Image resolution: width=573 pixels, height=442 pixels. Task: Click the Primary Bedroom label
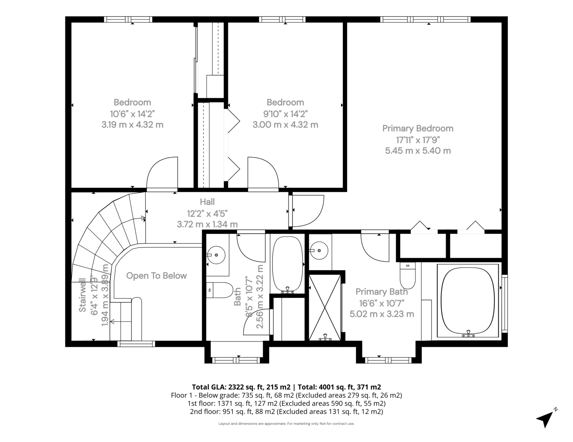pos(418,128)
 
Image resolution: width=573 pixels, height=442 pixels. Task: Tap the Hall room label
pos(207,202)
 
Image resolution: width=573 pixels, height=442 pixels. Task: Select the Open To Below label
pos(157,276)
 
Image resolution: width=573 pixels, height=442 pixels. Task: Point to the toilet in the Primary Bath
pos(408,275)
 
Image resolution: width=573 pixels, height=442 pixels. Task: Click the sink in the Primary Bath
pos(319,250)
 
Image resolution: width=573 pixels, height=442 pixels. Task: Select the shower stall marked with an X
pos(325,307)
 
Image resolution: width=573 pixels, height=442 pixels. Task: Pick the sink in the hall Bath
pos(216,255)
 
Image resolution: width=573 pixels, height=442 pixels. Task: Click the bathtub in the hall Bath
pos(288,265)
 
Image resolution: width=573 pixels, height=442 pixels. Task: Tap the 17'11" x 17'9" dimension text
pos(418,140)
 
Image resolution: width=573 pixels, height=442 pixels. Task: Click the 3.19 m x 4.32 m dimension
pos(133,124)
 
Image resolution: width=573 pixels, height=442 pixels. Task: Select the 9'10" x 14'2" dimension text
pos(285,114)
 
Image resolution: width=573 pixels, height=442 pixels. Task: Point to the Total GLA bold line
pos(286,387)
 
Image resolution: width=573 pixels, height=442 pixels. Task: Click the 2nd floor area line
pos(286,412)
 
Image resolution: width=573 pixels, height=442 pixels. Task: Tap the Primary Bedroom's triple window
pos(425,19)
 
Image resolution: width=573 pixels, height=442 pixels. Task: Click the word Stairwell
pos(82,295)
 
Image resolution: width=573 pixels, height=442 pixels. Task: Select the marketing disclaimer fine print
pos(286,423)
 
